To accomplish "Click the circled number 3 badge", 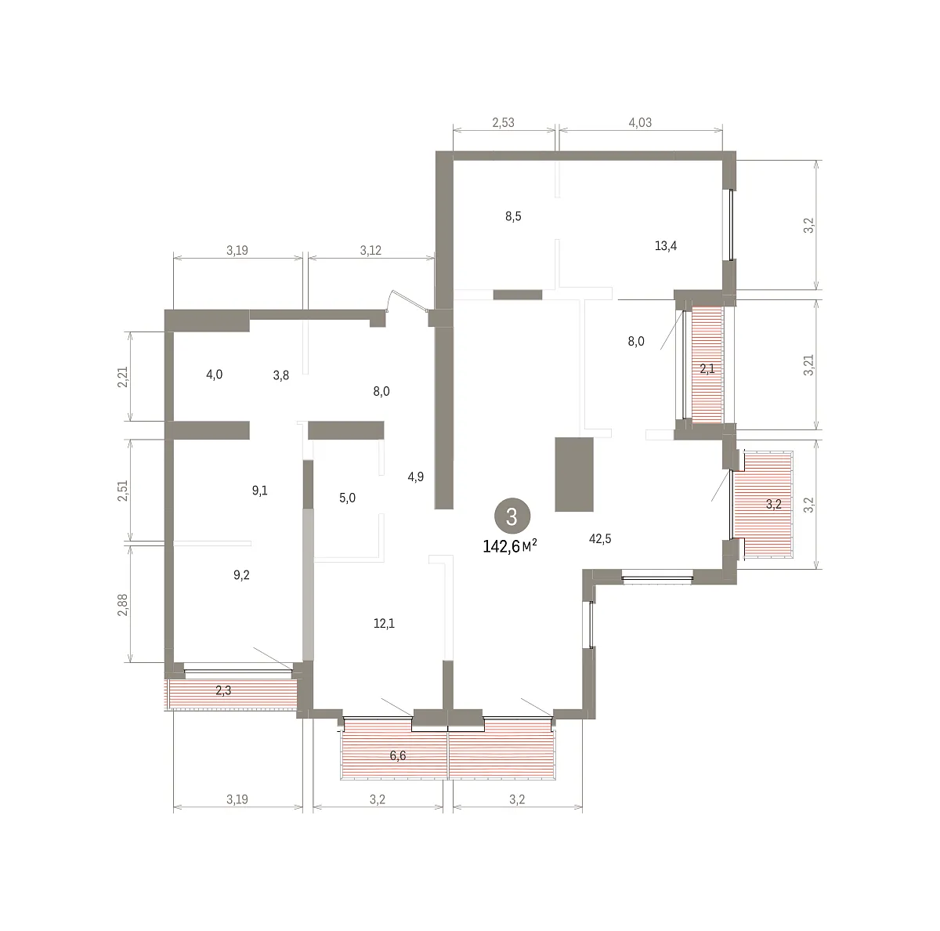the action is tap(512, 516).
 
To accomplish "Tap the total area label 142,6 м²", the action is tap(510, 545).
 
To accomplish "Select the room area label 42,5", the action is tap(599, 538).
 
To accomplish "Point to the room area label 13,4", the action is tap(665, 245).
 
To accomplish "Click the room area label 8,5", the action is tap(513, 216).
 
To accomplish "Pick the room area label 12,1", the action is tap(384, 623).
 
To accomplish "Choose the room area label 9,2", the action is tap(241, 574).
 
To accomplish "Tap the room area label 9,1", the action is tap(259, 490).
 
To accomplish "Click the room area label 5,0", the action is tap(347, 498).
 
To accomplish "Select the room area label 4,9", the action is tap(416, 476).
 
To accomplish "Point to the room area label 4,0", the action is tap(214, 375).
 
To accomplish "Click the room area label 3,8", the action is tap(281, 375).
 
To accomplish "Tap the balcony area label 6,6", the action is tap(398, 755).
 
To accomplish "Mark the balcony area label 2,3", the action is tap(223, 690).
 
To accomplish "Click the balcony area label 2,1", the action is tap(707, 368).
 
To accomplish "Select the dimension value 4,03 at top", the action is tap(640, 122).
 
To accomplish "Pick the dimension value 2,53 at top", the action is tap(504, 122).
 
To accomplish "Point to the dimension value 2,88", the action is tap(122, 604).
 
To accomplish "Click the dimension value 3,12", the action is tap(371, 251).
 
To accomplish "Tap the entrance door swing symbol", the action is tap(407, 300).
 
